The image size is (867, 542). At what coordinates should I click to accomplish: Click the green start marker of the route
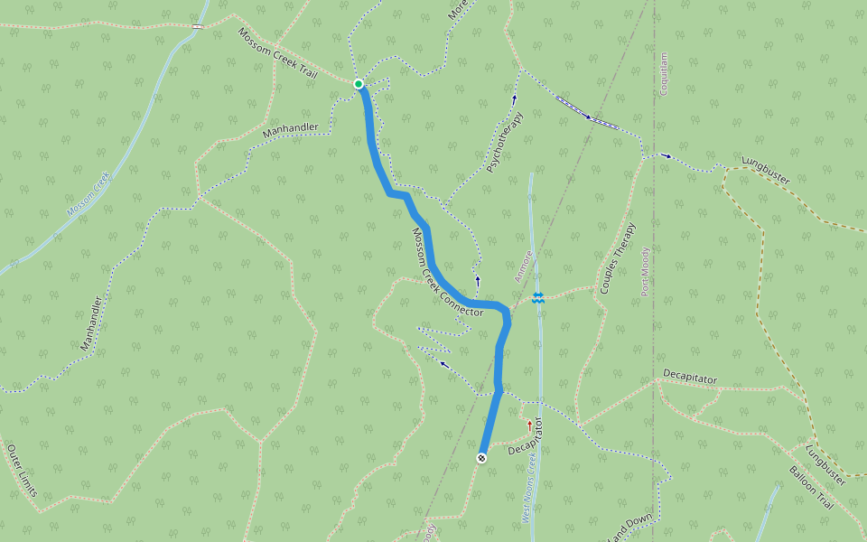359,84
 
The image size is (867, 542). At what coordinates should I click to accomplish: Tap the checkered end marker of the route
482,458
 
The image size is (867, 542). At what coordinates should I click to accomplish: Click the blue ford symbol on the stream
538,297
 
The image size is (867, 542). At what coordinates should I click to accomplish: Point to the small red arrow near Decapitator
529,424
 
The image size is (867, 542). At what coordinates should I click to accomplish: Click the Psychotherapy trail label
505,143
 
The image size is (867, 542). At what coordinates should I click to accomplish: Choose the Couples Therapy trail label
618,257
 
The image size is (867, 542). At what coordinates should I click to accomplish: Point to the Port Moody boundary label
646,271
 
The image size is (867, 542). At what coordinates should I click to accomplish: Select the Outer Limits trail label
22,471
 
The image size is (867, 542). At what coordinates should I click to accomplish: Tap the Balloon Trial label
811,488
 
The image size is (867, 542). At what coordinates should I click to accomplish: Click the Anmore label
524,266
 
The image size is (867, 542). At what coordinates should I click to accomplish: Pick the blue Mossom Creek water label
88,193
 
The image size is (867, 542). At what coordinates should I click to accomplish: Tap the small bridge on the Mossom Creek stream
196,26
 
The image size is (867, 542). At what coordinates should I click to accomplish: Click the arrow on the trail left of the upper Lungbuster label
667,156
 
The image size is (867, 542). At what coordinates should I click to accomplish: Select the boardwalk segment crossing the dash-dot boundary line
587,114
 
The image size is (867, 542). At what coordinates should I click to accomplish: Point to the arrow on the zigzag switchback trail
443,364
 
